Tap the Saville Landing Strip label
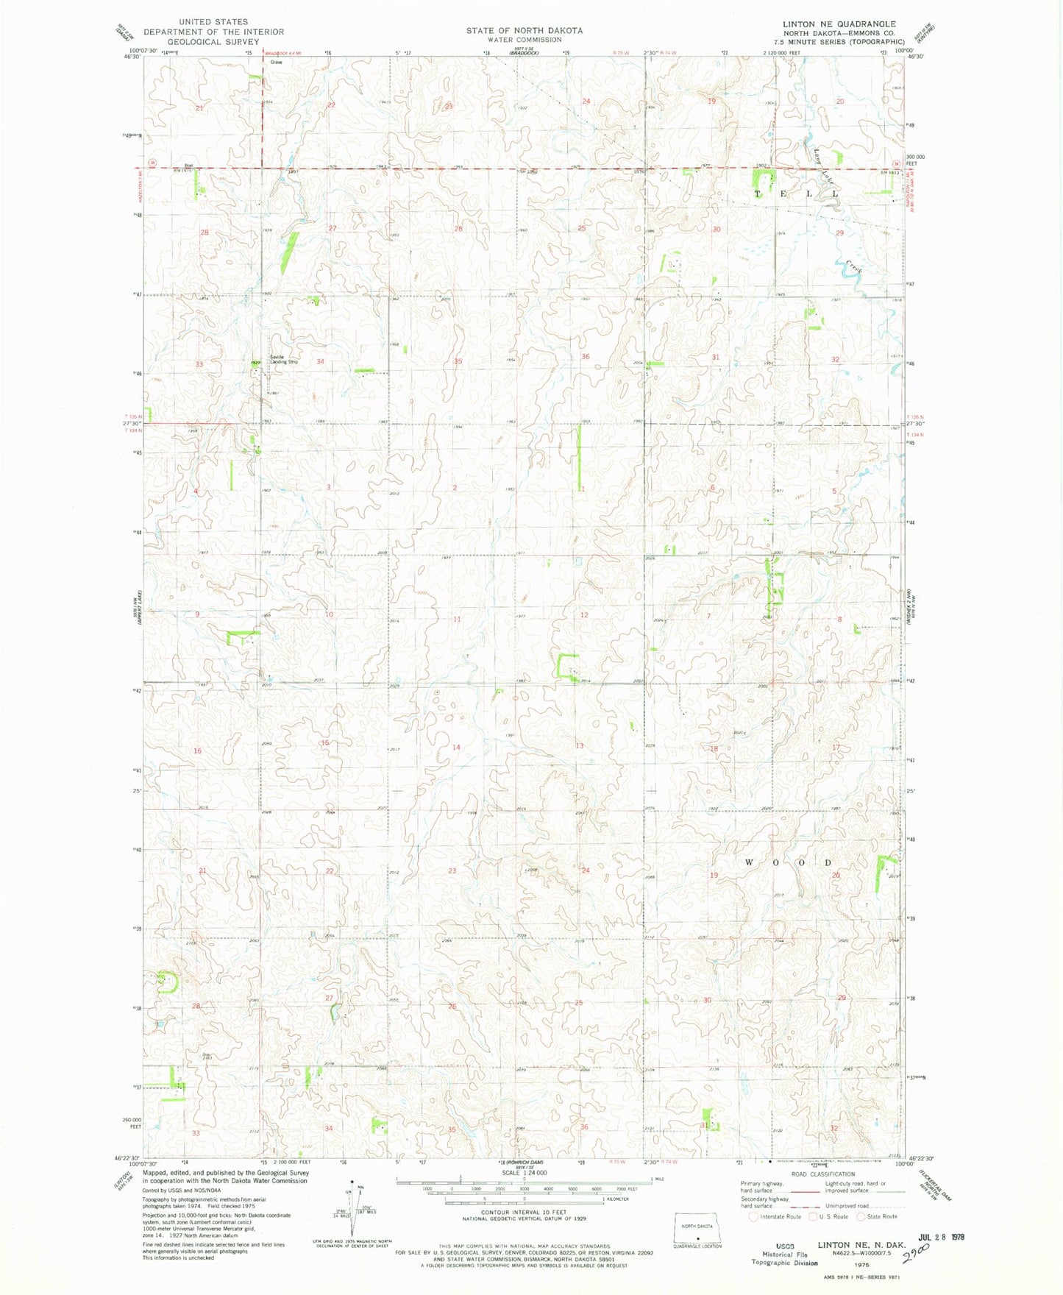click(283, 360)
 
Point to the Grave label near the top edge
click(276, 63)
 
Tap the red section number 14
click(456, 747)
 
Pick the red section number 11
click(456, 619)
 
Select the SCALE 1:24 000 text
click(524, 1173)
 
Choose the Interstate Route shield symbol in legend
click(753, 1216)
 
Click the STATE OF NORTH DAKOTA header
click(524, 30)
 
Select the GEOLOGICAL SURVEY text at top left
click(213, 42)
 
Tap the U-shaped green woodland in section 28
click(170, 982)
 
